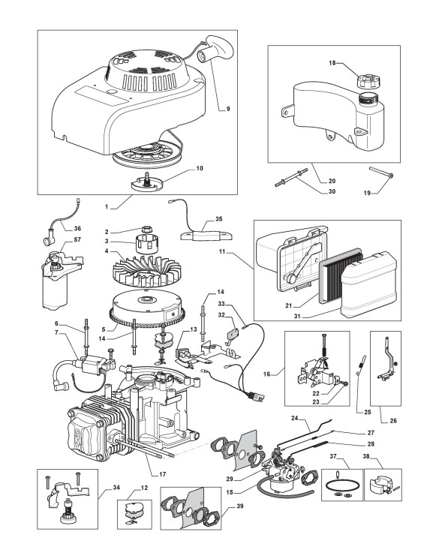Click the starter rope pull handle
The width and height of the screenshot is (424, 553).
pyautogui.click(x=215, y=50)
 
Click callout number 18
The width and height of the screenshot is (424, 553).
pyautogui.click(x=332, y=63)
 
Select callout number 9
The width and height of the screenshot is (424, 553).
pyautogui.click(x=228, y=109)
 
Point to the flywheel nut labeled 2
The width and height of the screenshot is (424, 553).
pyautogui.click(x=148, y=229)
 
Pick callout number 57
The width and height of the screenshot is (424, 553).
pyautogui.click(x=77, y=239)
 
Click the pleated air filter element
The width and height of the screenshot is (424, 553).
pyautogui.click(x=341, y=275)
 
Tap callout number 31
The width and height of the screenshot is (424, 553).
pyautogui.click(x=297, y=317)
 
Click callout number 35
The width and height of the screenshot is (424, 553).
pyautogui.click(x=218, y=218)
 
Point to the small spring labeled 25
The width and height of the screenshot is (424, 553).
pyautogui.click(x=362, y=365)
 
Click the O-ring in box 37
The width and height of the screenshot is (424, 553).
pyautogui.click(x=339, y=485)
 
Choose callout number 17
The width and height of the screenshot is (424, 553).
pyautogui.click(x=162, y=474)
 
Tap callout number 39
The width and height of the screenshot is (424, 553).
pyautogui.click(x=239, y=506)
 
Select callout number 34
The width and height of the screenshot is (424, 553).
pyautogui.click(x=116, y=488)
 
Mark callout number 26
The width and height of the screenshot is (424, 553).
pyautogui.click(x=393, y=420)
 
